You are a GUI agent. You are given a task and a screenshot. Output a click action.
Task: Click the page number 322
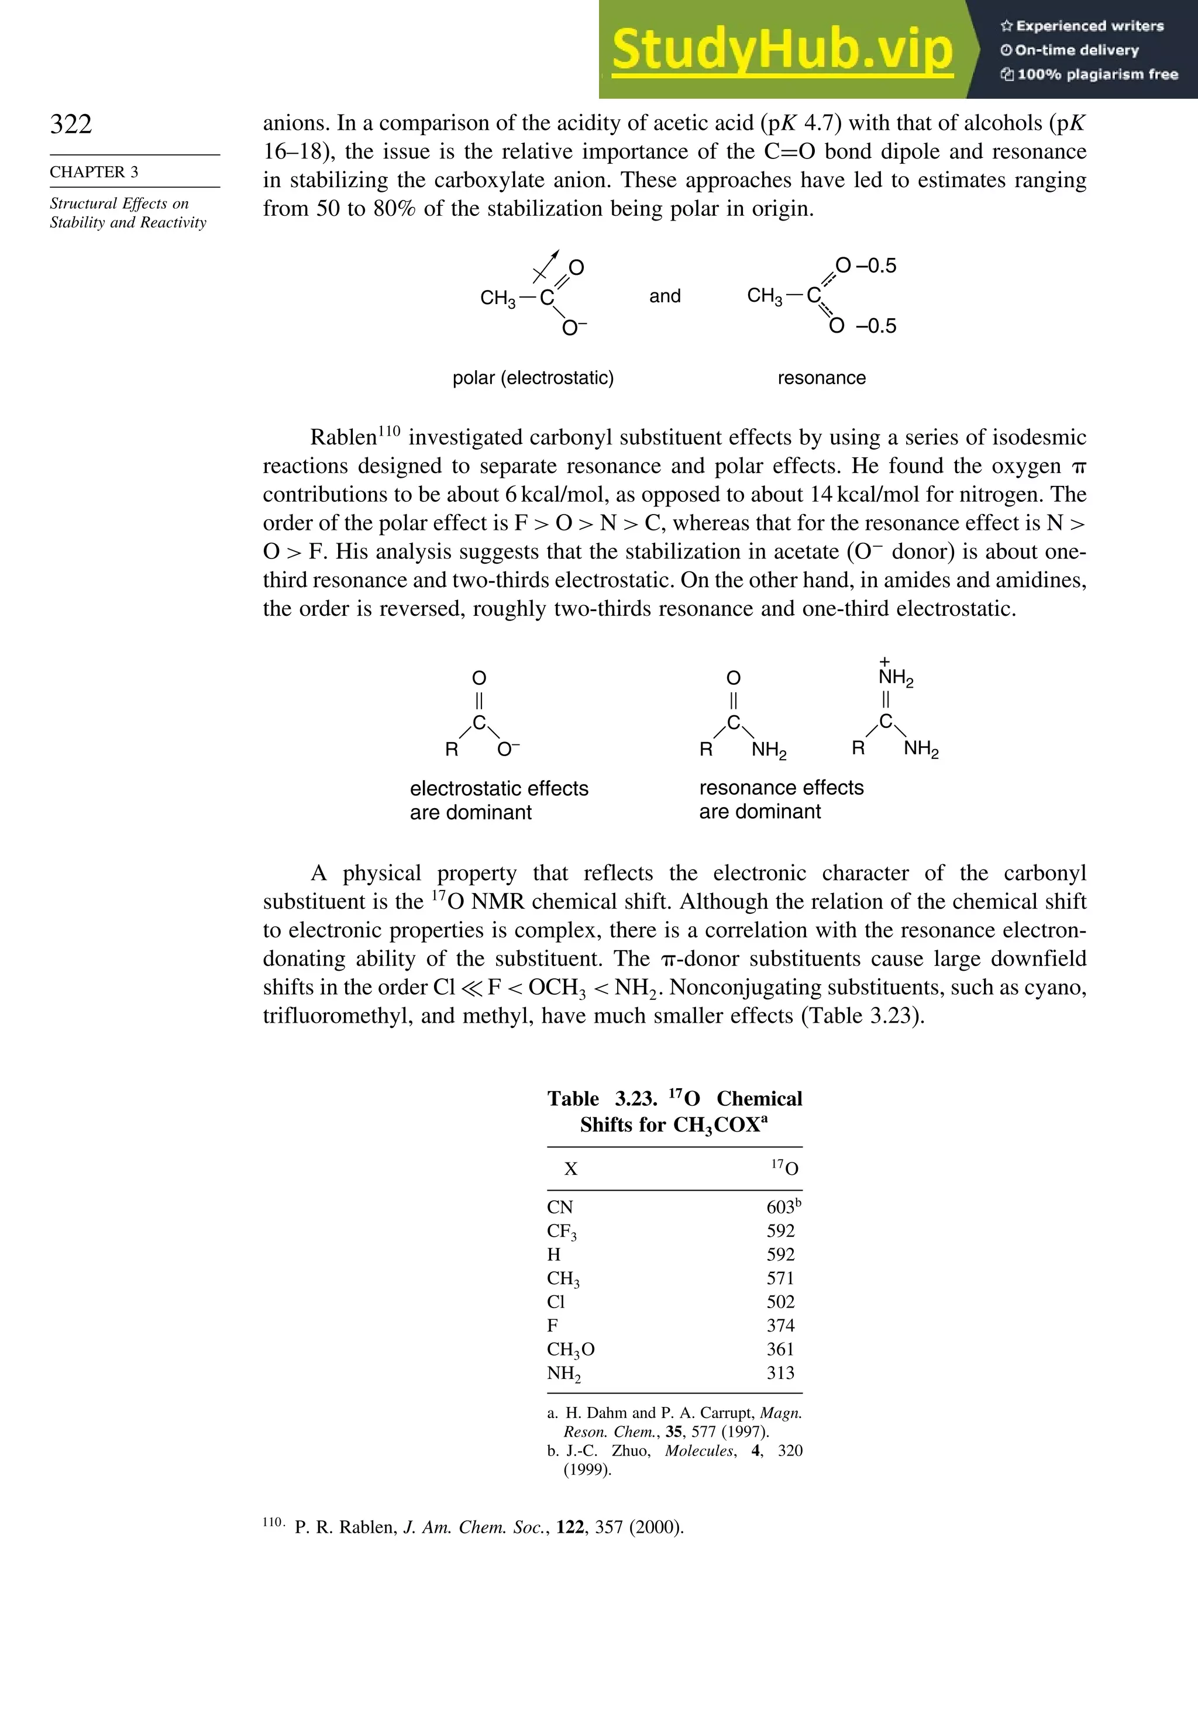point(71,124)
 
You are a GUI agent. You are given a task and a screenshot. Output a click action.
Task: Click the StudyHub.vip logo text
point(782,50)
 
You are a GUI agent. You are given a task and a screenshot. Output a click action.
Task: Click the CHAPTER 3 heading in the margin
point(94,172)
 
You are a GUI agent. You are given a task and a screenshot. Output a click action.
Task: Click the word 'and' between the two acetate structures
point(665,296)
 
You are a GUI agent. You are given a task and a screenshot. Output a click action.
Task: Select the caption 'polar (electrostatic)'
point(533,378)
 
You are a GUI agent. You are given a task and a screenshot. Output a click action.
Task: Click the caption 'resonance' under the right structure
point(821,378)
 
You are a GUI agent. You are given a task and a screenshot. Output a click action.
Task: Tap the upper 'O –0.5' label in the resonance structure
point(866,266)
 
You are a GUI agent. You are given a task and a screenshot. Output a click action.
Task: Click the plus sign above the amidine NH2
point(885,661)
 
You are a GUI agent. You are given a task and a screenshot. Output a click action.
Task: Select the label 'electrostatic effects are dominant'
point(499,799)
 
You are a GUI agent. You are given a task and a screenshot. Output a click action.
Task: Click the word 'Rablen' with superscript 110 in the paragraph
point(344,437)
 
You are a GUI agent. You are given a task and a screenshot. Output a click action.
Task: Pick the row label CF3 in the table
point(562,1231)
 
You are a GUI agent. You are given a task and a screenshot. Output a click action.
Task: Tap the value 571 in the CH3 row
point(780,1278)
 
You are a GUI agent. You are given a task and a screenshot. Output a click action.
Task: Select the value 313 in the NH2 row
point(780,1372)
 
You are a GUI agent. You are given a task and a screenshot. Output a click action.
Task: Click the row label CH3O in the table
point(570,1350)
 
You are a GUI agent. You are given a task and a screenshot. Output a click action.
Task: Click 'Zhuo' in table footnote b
point(631,1451)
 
